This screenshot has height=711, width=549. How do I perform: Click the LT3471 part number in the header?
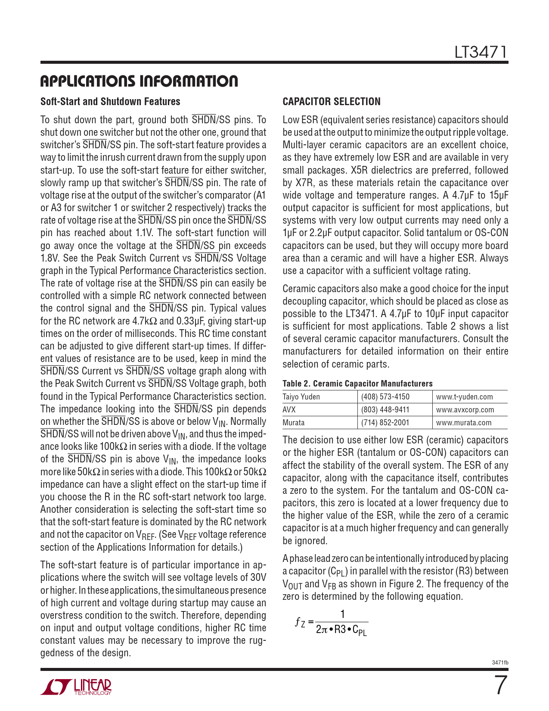pos(481,53)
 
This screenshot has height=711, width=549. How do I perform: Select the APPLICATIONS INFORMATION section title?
pos(139,81)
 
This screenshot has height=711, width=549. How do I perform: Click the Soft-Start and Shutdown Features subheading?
pos(110,102)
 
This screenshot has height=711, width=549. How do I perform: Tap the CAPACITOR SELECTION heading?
pos(332,102)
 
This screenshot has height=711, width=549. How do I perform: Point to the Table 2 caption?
pos(357,384)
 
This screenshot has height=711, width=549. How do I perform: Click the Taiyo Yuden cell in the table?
pos(301,397)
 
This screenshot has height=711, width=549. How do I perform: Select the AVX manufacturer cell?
pos(289,410)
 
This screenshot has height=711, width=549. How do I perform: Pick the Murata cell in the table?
pos(293,423)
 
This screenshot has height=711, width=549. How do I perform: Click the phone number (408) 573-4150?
pos(385,397)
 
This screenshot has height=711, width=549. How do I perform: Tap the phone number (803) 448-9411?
pos(385,410)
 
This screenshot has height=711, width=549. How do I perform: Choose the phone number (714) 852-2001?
pos(385,423)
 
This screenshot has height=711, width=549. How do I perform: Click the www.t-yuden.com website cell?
pos(464,397)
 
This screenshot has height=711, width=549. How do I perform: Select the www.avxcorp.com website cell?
pos(465,410)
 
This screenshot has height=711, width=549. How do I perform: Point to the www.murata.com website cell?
pos(464,423)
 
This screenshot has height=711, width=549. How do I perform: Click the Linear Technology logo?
pos(76,687)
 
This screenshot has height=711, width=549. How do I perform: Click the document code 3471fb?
pos(500,662)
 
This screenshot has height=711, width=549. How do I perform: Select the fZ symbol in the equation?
pos(300,622)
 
